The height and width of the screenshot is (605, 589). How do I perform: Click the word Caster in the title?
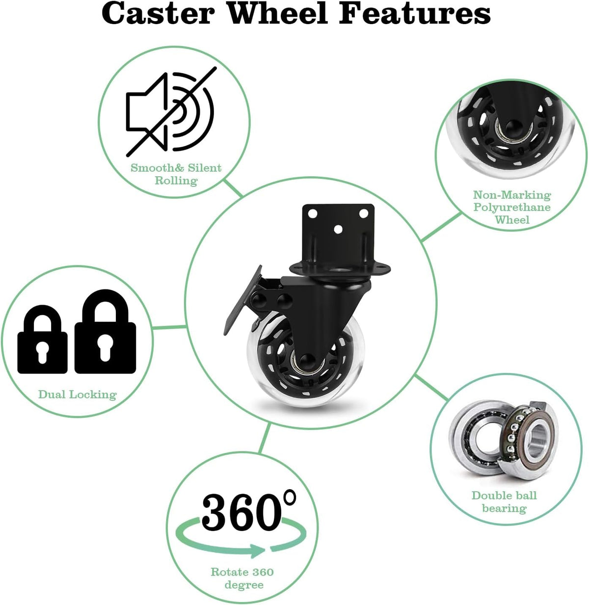[x=158, y=14]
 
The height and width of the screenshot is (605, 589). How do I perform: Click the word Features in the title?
[x=415, y=14]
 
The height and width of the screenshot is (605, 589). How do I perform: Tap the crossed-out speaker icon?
[x=171, y=111]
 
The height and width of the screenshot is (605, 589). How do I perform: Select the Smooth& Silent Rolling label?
[x=176, y=174]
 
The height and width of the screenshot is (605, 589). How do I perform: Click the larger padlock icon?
[x=105, y=332]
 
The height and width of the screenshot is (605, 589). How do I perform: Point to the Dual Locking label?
[x=78, y=395]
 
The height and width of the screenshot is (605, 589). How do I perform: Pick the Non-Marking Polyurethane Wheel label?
[x=512, y=208]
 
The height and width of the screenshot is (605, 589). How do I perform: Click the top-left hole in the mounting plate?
[x=312, y=213]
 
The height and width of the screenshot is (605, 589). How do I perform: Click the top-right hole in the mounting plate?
[x=364, y=213]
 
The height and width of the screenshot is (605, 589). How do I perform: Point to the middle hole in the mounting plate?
[x=338, y=230]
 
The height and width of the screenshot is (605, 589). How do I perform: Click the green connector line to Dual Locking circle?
[x=169, y=327]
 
